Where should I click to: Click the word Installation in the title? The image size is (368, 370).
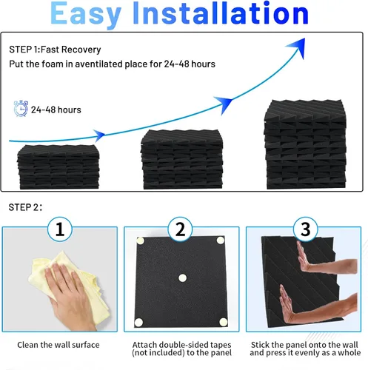pyautogui.click(x=221, y=13)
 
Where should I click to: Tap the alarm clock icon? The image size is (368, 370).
pyautogui.click(x=21, y=108)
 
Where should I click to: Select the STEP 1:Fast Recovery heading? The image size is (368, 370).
pyautogui.click(x=55, y=50)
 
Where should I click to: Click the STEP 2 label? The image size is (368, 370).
pyautogui.click(x=25, y=207)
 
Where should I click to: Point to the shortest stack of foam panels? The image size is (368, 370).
pyautogui.click(x=58, y=167)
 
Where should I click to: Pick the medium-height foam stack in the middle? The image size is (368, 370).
pyautogui.click(x=182, y=159)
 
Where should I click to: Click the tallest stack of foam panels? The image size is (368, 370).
pyautogui.click(x=305, y=144)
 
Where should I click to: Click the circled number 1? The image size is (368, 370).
pyautogui.click(x=60, y=229)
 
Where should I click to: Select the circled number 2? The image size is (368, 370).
pyautogui.click(x=180, y=229)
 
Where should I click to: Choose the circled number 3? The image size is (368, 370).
pyautogui.click(x=306, y=229)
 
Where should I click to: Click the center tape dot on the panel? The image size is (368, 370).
pyautogui.click(x=182, y=278)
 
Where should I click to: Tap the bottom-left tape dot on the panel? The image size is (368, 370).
pyautogui.click(x=138, y=322)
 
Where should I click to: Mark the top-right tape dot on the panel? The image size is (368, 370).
pyautogui.click(x=221, y=240)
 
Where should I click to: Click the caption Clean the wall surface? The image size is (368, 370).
pyautogui.click(x=58, y=345)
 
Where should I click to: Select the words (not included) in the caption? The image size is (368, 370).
pyautogui.click(x=158, y=353)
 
